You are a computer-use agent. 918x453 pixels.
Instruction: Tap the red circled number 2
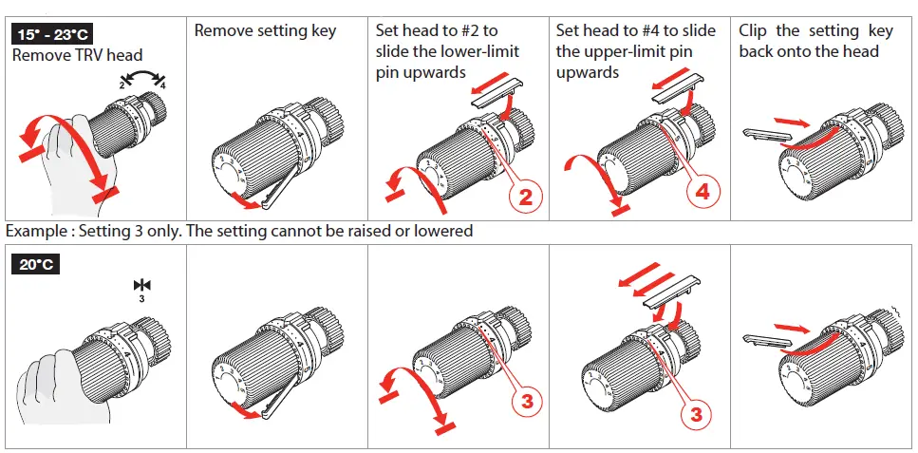[529, 196]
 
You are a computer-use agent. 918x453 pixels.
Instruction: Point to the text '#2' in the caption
[467, 30]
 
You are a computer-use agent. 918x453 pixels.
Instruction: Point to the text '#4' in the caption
[648, 30]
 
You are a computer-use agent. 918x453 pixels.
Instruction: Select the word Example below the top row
[37, 231]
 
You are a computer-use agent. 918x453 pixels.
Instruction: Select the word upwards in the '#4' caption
[588, 72]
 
